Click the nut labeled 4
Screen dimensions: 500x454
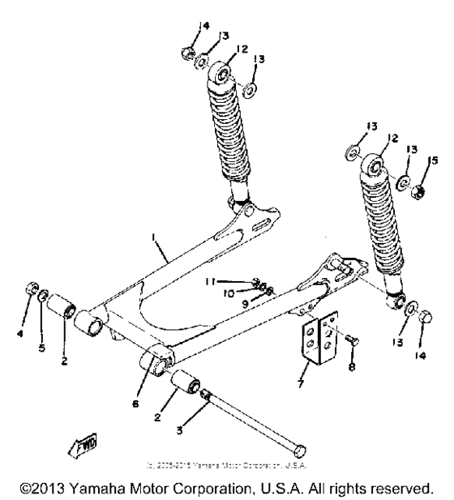[29, 288]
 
